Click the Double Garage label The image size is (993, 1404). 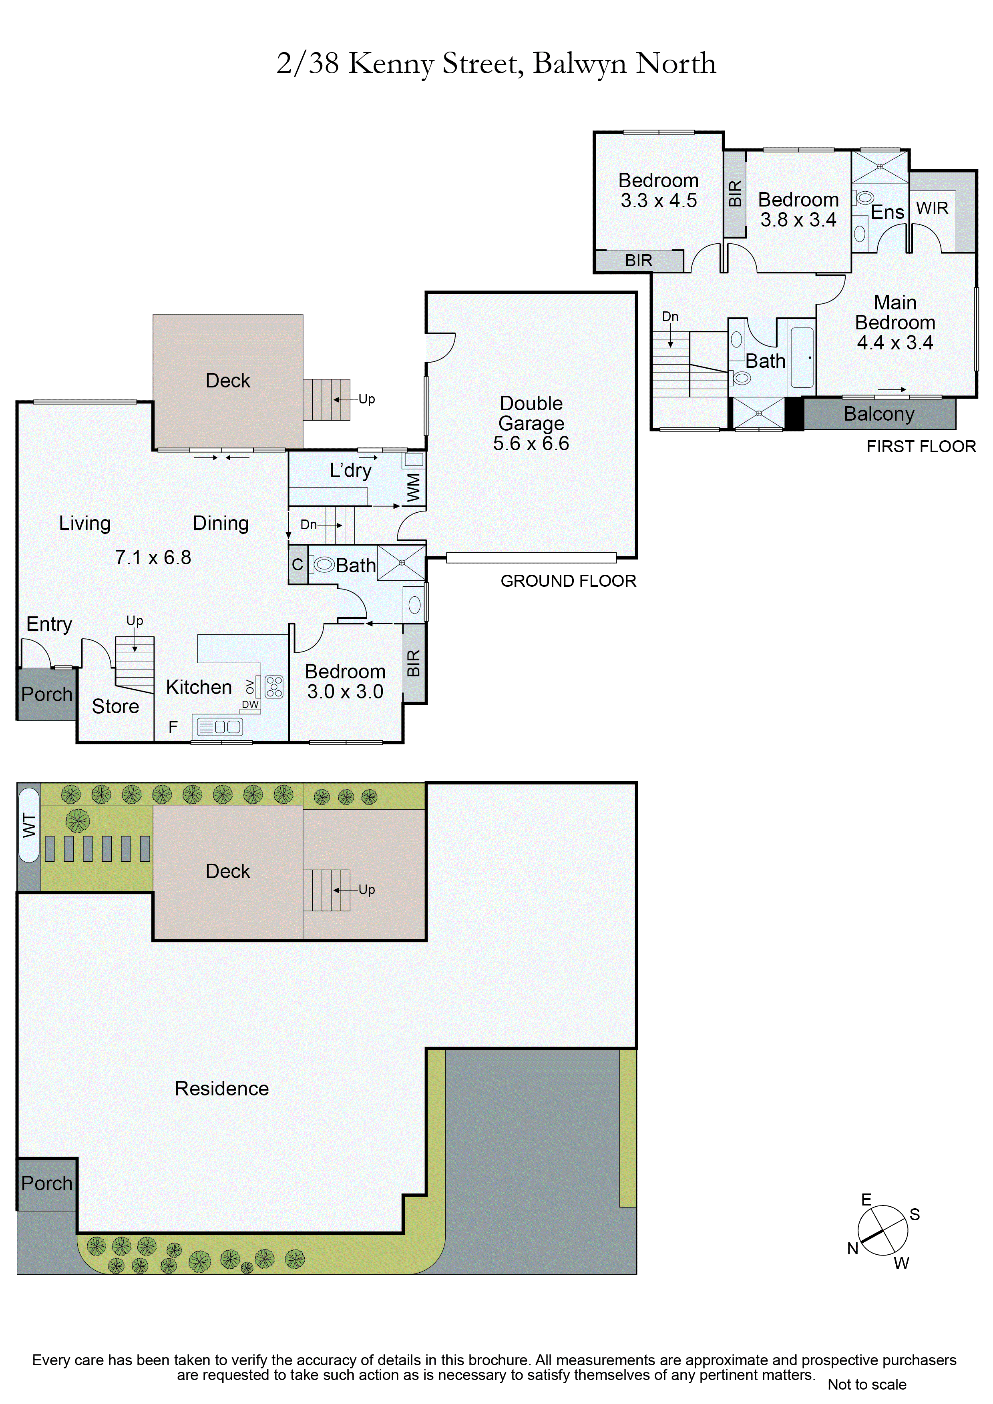click(531, 423)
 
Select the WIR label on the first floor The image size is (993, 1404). click(932, 209)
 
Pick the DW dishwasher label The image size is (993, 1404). click(250, 704)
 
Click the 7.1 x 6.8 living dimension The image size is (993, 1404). click(153, 558)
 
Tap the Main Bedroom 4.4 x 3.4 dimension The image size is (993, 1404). click(895, 343)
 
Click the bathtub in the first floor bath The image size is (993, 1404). click(802, 358)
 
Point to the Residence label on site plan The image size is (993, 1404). click(221, 1089)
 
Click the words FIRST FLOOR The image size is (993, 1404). click(921, 446)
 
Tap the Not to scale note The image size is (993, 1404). click(866, 1384)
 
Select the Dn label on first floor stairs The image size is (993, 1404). click(670, 317)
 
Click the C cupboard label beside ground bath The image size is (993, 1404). click(297, 564)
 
